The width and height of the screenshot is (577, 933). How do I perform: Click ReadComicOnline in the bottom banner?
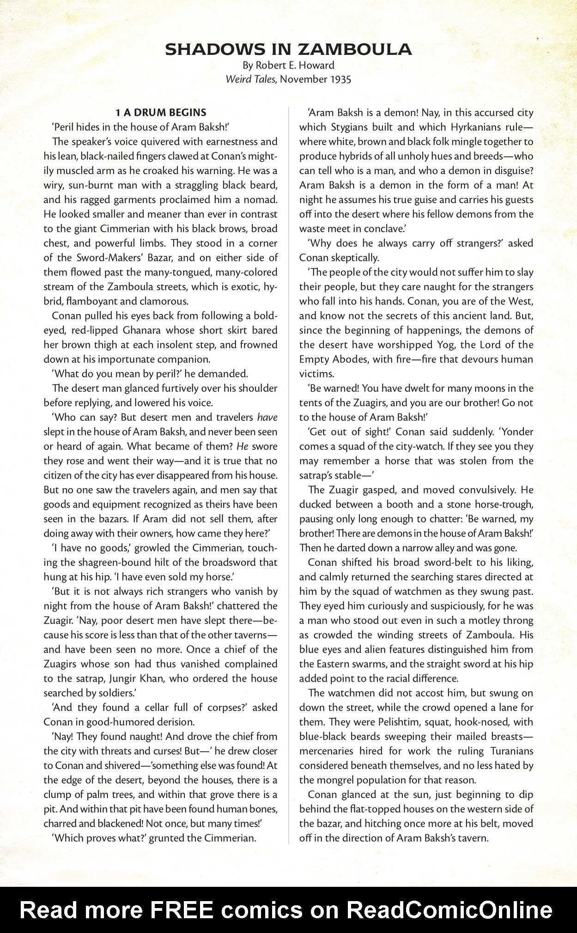449,910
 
